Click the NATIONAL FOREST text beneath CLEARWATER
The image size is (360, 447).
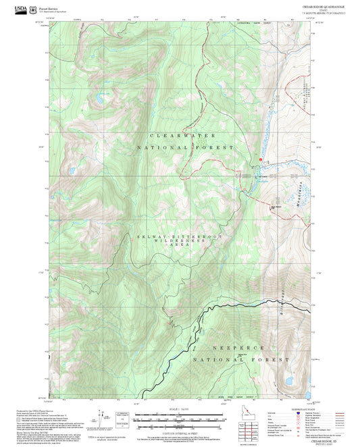[x=186, y=147]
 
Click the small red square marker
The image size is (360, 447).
[x=260, y=159]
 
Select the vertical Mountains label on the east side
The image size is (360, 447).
[x=299, y=196]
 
